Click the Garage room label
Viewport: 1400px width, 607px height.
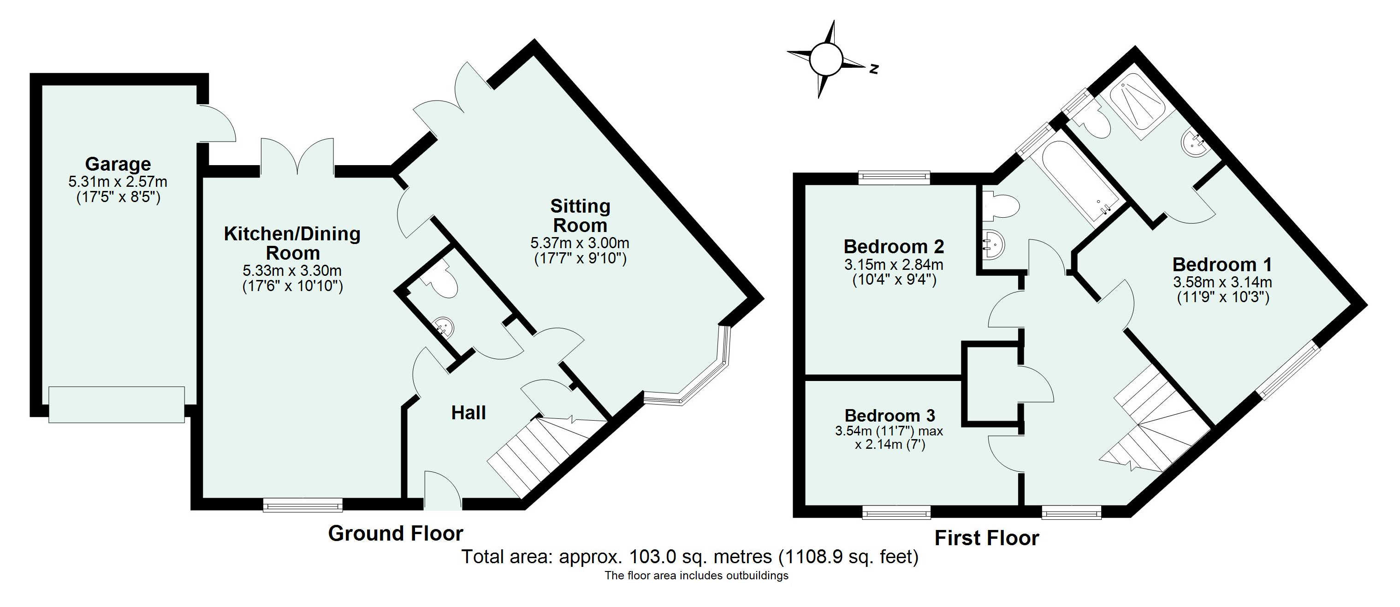click(x=118, y=164)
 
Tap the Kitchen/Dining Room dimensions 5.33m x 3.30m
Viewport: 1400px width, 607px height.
click(x=292, y=270)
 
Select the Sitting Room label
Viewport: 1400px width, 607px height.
click(x=580, y=215)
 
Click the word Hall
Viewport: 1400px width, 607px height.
click(x=468, y=413)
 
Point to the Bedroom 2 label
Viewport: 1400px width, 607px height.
click(x=894, y=247)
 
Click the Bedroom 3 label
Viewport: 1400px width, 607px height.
click(x=890, y=416)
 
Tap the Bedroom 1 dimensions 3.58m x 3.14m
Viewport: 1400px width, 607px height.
click(x=1222, y=283)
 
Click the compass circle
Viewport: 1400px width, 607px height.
click(x=825, y=60)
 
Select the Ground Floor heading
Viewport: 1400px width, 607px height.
click(x=395, y=534)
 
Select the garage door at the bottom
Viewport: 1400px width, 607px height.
click(x=117, y=405)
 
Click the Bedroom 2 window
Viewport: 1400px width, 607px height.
click(x=894, y=177)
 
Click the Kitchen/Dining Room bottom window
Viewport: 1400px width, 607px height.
click(x=303, y=505)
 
